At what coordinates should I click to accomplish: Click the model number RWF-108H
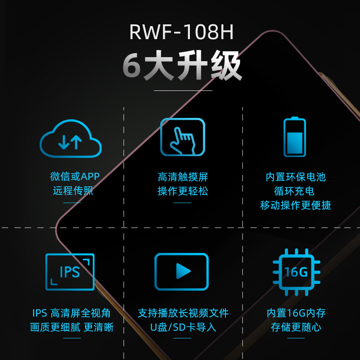click(181, 32)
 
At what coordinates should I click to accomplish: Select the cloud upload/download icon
click(71, 139)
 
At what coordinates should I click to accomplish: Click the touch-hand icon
click(183, 137)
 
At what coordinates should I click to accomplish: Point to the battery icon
click(295, 137)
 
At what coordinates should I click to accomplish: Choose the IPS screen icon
click(70, 272)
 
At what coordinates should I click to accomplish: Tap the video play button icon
click(182, 271)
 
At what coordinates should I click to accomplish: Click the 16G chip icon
click(297, 272)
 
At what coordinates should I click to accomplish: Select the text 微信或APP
click(75, 176)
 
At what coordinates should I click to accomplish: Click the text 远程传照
click(73, 190)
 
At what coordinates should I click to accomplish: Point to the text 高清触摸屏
click(183, 177)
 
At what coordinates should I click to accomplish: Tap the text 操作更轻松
click(183, 191)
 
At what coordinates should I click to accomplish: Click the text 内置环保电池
click(296, 177)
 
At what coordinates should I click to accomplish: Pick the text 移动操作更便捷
click(296, 205)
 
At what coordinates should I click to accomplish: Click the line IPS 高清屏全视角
click(72, 313)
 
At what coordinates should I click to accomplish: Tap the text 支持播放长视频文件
click(183, 313)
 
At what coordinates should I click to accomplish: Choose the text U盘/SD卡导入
click(183, 327)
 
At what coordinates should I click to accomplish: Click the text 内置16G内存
click(296, 313)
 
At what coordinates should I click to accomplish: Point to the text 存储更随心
click(296, 327)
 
